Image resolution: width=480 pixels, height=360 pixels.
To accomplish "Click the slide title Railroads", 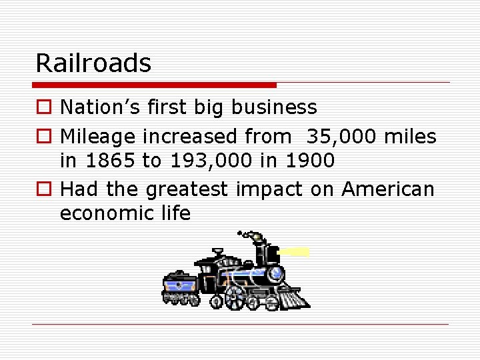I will pos(93,63).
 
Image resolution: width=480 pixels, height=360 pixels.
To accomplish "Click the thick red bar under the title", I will pos(154,85).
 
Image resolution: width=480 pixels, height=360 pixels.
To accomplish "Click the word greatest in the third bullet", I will pos(187,190).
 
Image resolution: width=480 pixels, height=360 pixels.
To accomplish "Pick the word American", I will pos(387,190).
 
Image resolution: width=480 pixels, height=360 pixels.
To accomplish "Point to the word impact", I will pos(269,190).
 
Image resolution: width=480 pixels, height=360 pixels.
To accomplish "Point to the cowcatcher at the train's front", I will pos(293,297).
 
